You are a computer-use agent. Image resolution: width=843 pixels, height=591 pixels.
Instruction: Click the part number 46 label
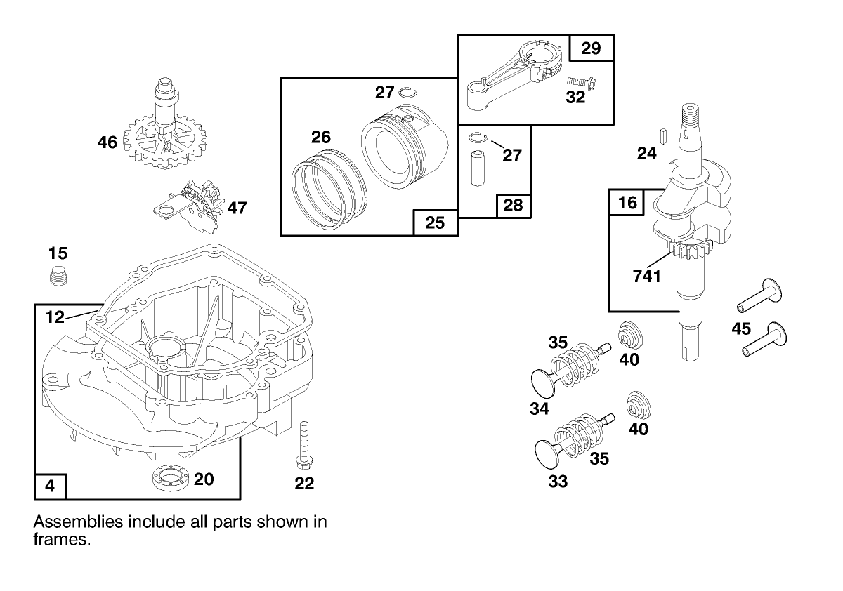107,143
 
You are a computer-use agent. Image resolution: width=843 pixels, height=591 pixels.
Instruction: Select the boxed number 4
51,486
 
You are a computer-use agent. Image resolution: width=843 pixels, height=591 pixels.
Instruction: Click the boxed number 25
436,223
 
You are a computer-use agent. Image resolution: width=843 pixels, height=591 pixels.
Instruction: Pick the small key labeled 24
661,133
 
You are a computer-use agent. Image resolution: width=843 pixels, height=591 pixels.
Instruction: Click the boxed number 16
627,203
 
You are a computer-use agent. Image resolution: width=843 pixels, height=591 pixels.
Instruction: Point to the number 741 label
646,276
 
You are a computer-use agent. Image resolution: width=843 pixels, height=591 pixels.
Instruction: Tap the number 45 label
741,328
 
